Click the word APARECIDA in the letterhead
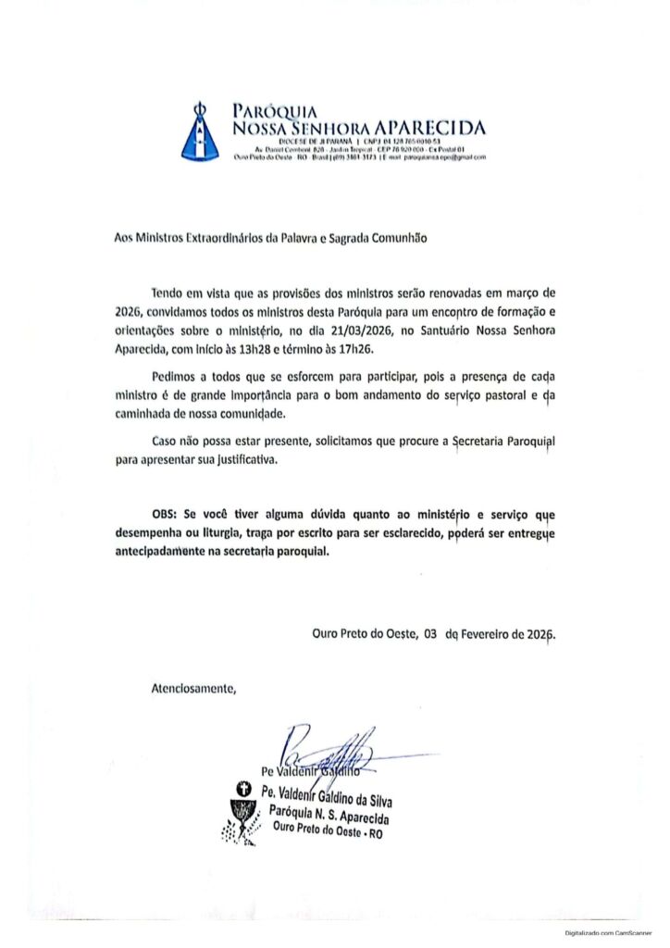pos(430,127)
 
